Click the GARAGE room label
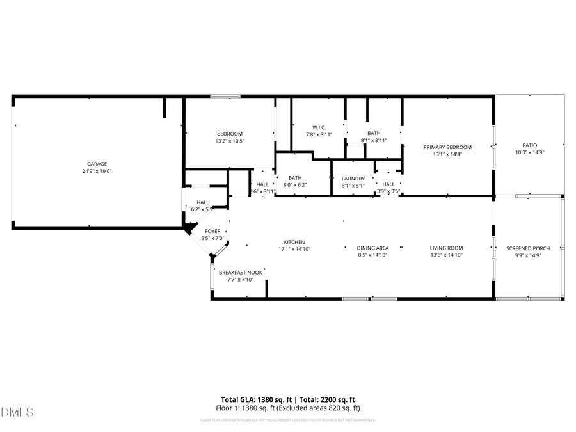(97, 164)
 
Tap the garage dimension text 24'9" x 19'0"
(97, 171)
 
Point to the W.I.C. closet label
(319, 127)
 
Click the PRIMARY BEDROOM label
(447, 147)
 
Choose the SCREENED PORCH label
(528, 248)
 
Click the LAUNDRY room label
(353, 179)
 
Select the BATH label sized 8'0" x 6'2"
(295, 178)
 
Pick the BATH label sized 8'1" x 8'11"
(374, 133)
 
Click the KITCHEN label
(294, 242)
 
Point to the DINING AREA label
(373, 248)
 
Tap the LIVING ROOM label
(446, 248)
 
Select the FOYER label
(212, 231)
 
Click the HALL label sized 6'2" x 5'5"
(203, 202)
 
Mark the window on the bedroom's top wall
(225, 97)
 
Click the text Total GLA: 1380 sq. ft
(253, 399)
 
